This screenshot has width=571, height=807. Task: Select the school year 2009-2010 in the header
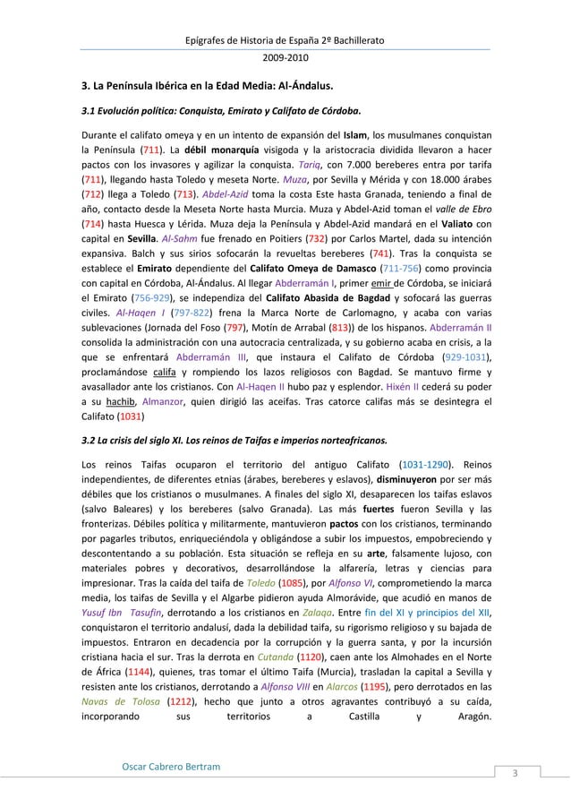click(x=285, y=57)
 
